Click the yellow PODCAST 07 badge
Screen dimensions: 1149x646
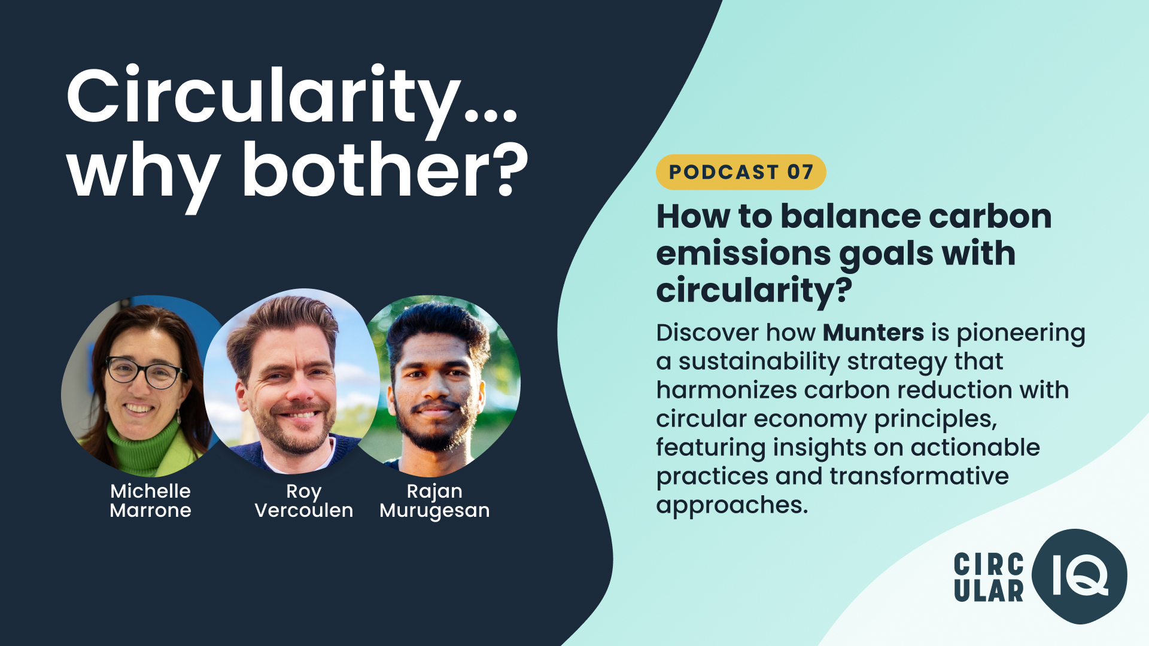tap(741, 172)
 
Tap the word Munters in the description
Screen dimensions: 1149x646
tap(873, 333)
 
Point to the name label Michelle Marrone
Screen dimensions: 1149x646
tap(150, 501)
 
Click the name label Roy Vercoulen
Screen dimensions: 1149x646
tap(304, 501)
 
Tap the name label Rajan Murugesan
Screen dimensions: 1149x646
tap(435, 501)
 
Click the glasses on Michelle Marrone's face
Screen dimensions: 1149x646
tap(144, 371)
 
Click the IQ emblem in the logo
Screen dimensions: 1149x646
tap(1080, 576)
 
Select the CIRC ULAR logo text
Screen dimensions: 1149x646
tap(989, 578)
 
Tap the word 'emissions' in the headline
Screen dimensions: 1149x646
tap(743, 254)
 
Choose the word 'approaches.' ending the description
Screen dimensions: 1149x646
tap(732, 505)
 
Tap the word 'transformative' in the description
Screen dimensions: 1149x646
tap(919, 476)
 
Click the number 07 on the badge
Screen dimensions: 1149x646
tap(800, 172)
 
